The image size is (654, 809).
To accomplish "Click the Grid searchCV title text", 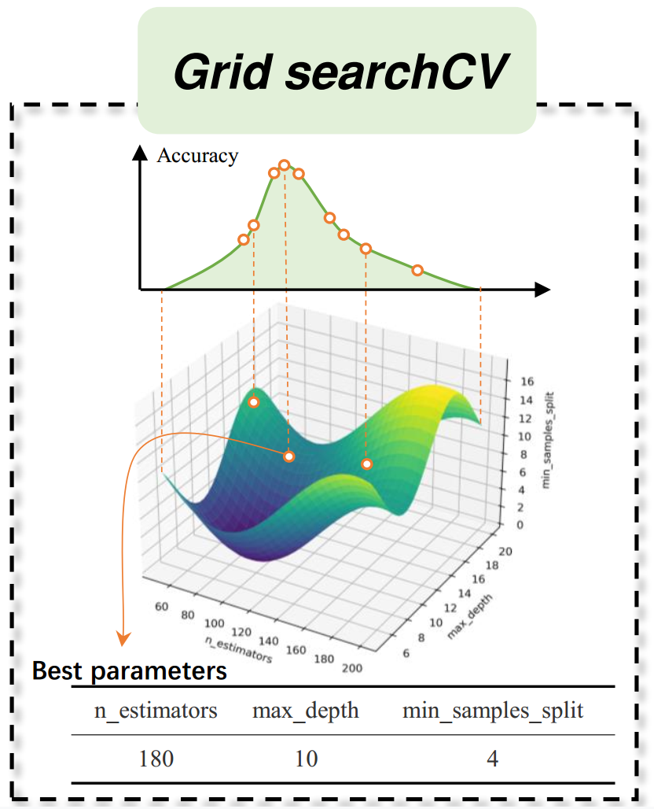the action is coord(341,72).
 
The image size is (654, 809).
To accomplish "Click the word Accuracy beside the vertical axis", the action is coord(197,155).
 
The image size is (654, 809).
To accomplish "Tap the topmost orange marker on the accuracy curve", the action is coord(284,165).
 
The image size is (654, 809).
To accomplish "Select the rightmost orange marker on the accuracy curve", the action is coord(417,271).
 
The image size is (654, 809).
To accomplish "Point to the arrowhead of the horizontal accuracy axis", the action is coord(542,290).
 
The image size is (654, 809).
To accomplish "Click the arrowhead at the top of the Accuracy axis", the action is coord(140,153).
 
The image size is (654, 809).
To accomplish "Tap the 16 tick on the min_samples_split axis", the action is coord(527,381).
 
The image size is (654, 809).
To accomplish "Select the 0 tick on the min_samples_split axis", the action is coord(520,525).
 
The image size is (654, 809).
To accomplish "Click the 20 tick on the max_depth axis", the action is coord(505,551).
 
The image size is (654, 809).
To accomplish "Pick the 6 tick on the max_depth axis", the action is coord(406,653).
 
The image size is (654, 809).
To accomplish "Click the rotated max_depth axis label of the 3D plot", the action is coord(469,616).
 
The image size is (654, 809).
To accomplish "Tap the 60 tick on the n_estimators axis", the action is coord(161,606).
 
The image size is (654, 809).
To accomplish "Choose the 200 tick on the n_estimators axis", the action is coord(352,668).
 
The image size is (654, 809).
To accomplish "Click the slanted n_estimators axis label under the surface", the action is coord(239,649).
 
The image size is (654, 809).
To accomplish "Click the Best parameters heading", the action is coord(130,671).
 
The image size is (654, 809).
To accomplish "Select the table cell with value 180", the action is coord(156,759).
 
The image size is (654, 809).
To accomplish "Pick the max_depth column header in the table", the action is coord(305,711).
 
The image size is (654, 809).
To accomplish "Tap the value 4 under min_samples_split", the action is coord(493,759).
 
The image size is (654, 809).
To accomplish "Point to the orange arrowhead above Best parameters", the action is coord(123,639).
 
